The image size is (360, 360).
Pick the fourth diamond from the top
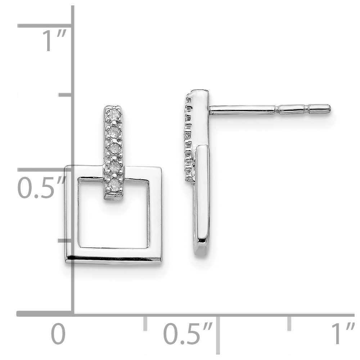click(114, 167)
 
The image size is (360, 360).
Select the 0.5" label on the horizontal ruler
click(188, 334)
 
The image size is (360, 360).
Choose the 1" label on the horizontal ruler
click(342, 334)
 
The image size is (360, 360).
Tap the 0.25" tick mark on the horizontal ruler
click(145, 323)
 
